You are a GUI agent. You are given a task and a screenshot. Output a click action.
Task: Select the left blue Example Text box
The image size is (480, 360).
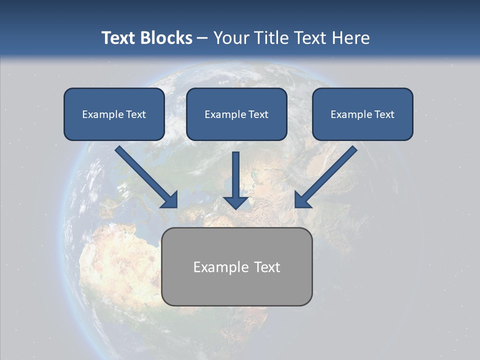pyautogui.click(x=114, y=114)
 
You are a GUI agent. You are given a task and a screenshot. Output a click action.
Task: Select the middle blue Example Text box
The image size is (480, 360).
pyautogui.click(x=236, y=114)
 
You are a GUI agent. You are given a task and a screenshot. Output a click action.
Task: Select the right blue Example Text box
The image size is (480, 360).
pyautogui.click(x=362, y=114)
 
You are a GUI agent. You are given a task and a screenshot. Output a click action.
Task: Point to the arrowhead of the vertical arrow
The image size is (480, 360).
pyautogui.click(x=235, y=202)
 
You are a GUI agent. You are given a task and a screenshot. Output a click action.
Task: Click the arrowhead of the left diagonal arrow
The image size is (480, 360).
pyautogui.click(x=170, y=200)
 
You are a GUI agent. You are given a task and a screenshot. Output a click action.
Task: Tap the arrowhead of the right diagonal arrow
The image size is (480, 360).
pyautogui.click(x=302, y=200)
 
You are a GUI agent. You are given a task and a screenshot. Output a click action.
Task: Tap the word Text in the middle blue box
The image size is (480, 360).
pyautogui.click(x=258, y=114)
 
